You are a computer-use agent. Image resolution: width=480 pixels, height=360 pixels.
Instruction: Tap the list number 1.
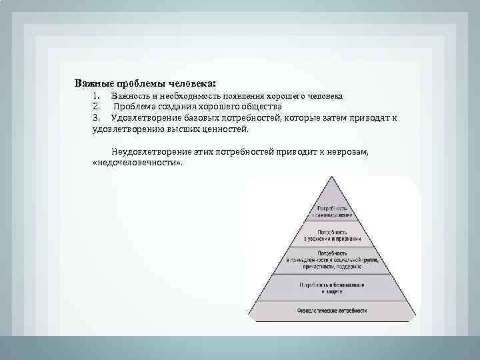point(97,96)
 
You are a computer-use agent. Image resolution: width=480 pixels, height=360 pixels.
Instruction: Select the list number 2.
point(97,107)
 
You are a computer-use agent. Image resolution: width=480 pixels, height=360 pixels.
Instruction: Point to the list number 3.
point(97,117)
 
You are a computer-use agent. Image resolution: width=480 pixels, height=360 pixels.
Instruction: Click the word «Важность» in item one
point(130,96)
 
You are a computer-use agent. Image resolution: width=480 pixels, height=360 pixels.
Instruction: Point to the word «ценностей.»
point(226,128)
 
